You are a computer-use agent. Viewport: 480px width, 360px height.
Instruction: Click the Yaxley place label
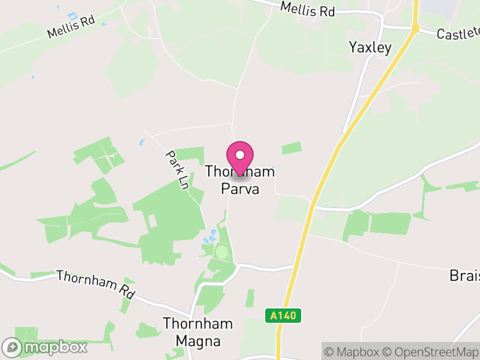[370, 47]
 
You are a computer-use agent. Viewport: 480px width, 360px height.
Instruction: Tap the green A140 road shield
[283, 316]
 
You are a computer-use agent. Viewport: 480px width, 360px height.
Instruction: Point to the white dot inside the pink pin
[240, 155]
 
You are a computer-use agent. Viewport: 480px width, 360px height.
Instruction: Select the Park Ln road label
[177, 170]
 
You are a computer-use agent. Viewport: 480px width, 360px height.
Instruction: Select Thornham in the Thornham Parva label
[240, 172]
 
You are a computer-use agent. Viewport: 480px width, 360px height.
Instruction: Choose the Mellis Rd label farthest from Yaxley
[71, 28]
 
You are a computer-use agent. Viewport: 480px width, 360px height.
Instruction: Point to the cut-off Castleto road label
[458, 33]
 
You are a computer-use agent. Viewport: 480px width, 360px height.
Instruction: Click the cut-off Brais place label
[464, 275]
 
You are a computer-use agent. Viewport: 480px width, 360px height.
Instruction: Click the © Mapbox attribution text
[353, 351]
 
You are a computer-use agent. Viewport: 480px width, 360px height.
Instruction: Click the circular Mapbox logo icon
[12, 347]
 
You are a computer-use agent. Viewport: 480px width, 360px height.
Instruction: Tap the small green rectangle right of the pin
[291, 148]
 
